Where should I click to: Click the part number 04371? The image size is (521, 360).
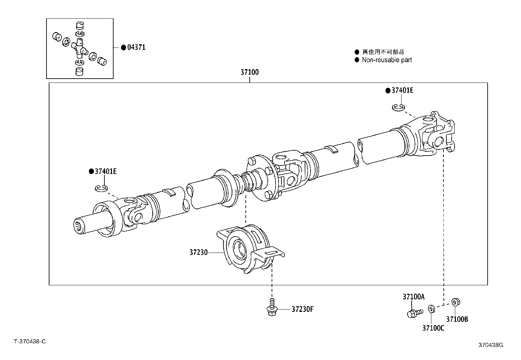136,47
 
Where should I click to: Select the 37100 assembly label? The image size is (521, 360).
250,72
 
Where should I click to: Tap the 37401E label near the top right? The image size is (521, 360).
402,90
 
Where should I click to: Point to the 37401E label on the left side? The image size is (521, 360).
105,171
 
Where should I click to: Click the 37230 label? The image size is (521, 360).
198,253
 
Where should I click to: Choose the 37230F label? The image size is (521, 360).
302,309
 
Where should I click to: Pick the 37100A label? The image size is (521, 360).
413,297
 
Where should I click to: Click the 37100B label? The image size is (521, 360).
457,319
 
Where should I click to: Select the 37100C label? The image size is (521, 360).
433,328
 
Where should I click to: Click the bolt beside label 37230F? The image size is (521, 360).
271,308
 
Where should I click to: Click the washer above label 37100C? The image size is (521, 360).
431,309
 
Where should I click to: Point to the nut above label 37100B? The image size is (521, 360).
455,302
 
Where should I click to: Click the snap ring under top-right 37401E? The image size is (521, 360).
398,107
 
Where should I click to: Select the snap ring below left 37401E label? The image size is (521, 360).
101,188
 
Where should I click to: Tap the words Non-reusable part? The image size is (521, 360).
387,60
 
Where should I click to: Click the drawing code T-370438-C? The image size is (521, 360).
29,341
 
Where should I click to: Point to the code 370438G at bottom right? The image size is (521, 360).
491,345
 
